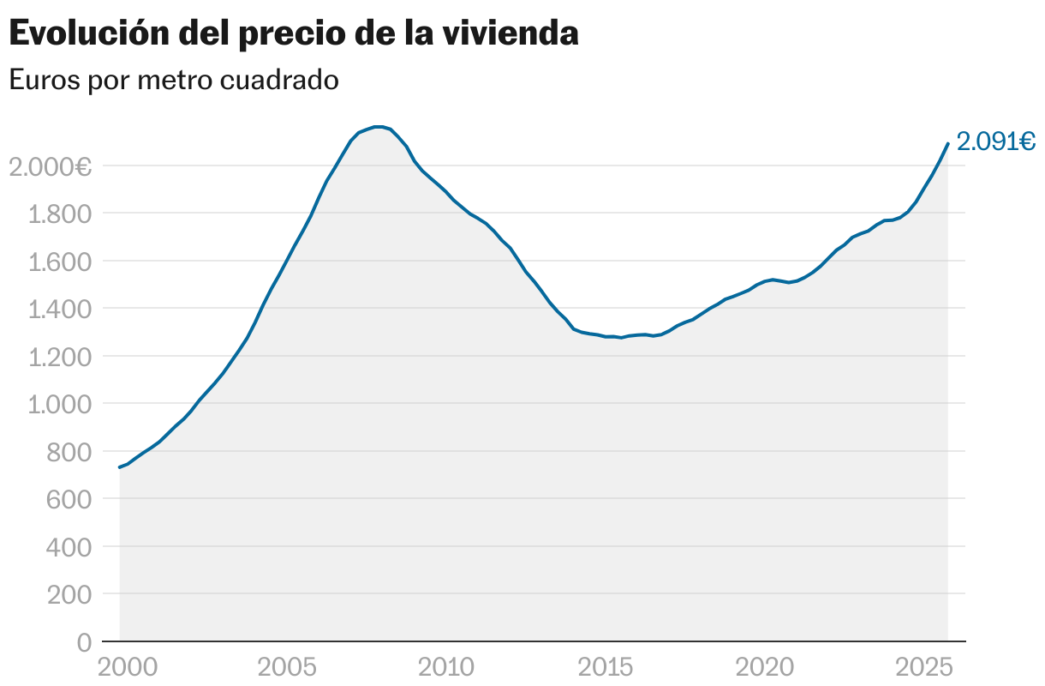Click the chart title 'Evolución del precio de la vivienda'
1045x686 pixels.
(x=294, y=34)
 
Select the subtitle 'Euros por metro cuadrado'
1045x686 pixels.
(x=174, y=81)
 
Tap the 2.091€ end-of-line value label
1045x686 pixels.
(x=996, y=141)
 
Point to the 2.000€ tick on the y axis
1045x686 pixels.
(x=50, y=166)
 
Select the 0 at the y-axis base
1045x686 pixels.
(x=84, y=642)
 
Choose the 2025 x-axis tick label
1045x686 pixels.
(x=924, y=667)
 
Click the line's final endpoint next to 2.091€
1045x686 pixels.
(x=947, y=143)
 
